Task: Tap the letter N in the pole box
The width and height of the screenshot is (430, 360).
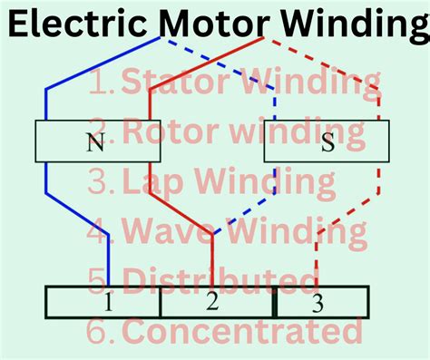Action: pyautogui.click(x=93, y=142)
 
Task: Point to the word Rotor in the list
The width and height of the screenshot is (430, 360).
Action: pyautogui.click(x=173, y=133)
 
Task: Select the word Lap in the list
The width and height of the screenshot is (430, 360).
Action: pyautogui.click(x=157, y=183)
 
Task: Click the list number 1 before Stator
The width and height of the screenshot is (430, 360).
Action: pyautogui.click(x=101, y=84)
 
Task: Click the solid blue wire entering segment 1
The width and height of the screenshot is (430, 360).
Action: pyautogui.click(x=108, y=263)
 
